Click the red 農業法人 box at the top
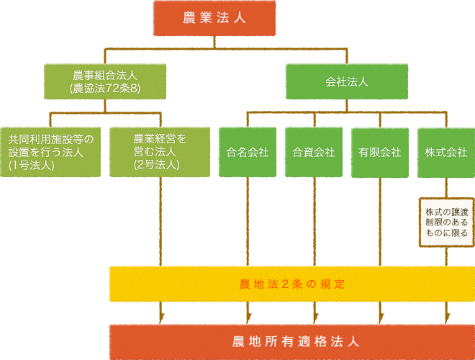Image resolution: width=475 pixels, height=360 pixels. coord(214,19)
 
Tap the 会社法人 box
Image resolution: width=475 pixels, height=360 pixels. coord(346,81)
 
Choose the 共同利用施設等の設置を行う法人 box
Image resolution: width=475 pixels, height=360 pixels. coord(50,152)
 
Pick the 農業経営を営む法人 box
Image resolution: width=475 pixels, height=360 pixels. coord(160,152)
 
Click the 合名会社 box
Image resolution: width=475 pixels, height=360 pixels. coord(247,152)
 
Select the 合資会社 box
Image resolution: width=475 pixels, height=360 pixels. coord(314,152)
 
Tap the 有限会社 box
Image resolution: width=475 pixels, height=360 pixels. coord(380,152)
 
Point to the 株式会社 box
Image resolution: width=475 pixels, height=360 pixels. coord(446,152)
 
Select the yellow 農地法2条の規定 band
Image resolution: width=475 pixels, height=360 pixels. coord(291,284)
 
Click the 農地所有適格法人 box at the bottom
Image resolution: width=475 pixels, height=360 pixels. coord(291,340)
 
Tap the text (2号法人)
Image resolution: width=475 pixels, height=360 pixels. coord(156,165)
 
